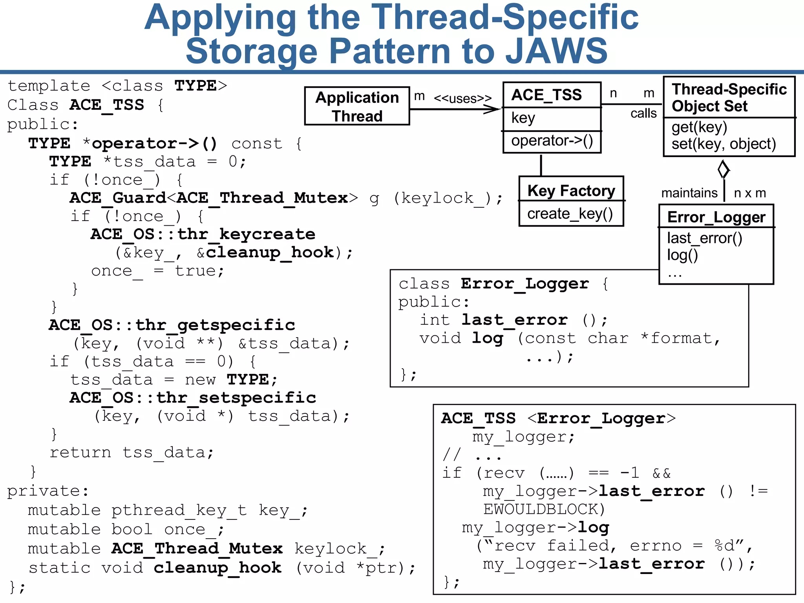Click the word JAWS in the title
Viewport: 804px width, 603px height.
tap(556, 51)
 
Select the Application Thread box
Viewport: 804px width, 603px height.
tap(357, 106)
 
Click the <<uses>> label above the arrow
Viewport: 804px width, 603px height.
tap(462, 98)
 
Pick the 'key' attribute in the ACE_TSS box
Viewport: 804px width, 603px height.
tap(523, 118)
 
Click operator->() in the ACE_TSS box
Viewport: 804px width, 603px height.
tap(552, 141)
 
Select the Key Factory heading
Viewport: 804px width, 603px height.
tap(571, 191)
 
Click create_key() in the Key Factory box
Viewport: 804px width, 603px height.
tap(570, 214)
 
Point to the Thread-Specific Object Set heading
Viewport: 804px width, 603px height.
tap(729, 97)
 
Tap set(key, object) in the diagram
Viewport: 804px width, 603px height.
tap(724, 144)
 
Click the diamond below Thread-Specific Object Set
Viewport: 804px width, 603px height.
tap(724, 170)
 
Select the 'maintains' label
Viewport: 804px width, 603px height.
tap(689, 193)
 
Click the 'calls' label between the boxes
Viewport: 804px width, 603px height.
tap(643, 113)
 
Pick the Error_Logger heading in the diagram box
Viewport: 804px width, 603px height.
tap(716, 217)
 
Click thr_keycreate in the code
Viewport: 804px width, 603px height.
tap(246, 234)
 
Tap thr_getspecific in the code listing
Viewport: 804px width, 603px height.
tap(215, 325)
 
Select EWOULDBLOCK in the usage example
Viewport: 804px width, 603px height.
tap(544, 509)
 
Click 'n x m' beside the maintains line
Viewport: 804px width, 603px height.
tap(750, 193)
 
